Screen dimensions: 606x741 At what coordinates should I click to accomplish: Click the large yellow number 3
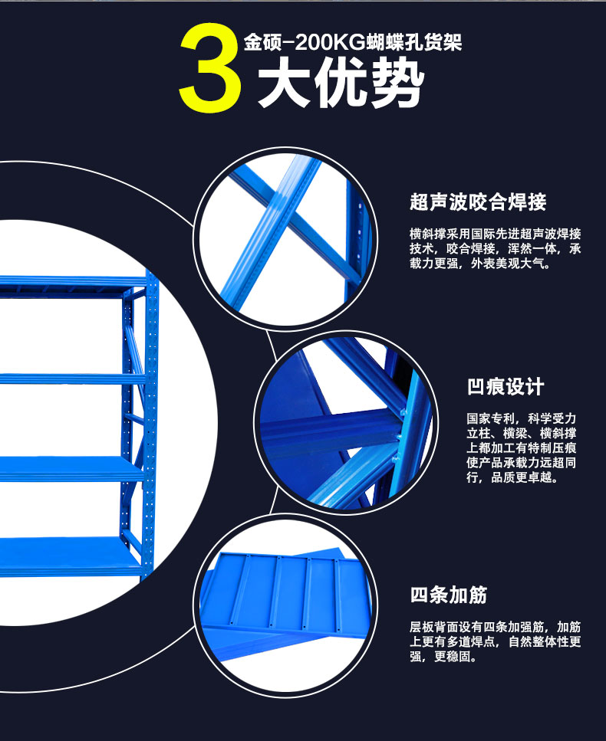point(210,67)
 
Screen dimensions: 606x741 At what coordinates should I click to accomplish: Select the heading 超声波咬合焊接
point(478,202)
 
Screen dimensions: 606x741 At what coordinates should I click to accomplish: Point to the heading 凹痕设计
point(506,386)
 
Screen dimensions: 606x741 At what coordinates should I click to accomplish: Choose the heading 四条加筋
point(449,595)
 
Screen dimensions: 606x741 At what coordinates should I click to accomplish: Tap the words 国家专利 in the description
point(491,418)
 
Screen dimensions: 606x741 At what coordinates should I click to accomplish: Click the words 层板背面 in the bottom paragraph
point(434,627)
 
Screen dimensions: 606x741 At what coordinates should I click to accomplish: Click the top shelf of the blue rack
point(74,283)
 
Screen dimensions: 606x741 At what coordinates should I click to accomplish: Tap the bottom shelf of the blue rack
point(71,556)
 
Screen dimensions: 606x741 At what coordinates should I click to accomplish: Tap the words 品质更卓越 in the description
point(521,477)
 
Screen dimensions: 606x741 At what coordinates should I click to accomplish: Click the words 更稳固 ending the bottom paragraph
point(452,657)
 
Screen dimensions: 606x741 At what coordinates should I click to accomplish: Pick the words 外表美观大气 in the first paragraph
point(508,264)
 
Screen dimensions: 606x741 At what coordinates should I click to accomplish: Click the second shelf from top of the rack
point(72,379)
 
